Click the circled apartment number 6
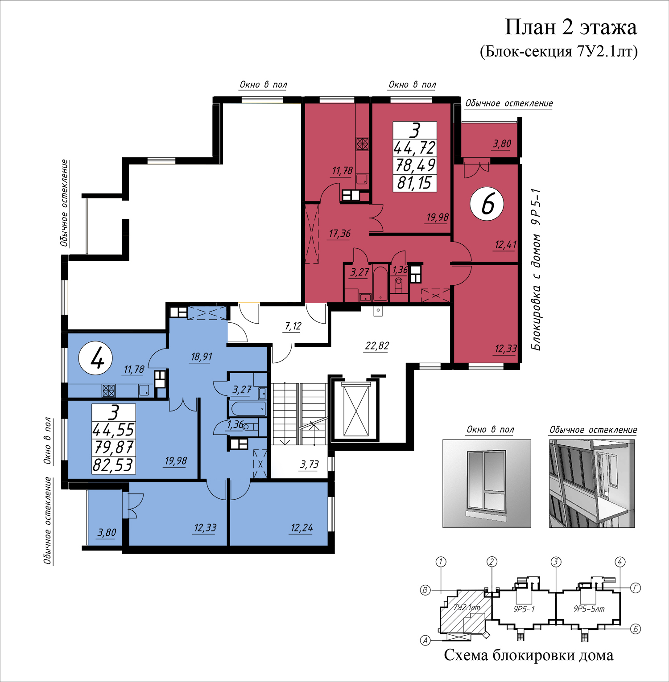pos(487,204)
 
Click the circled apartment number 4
pos(95,358)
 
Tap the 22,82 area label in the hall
pos(377,346)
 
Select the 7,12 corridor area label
pos(293,326)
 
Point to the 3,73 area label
pos(310,464)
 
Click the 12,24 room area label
pos(301,528)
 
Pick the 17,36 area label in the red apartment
pos(339,234)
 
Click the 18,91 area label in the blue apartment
pos(201,357)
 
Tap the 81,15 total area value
pos(414,183)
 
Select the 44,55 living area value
pos(113,430)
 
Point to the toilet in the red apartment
pos(398,285)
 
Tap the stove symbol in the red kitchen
pos(362,144)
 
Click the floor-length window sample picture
pos(487,484)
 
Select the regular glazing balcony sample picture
pos(592,484)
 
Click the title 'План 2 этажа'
pos(570,27)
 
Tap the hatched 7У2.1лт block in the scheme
pos(465,611)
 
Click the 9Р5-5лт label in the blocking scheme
pos(589,609)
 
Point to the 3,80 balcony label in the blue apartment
pos(107,533)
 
